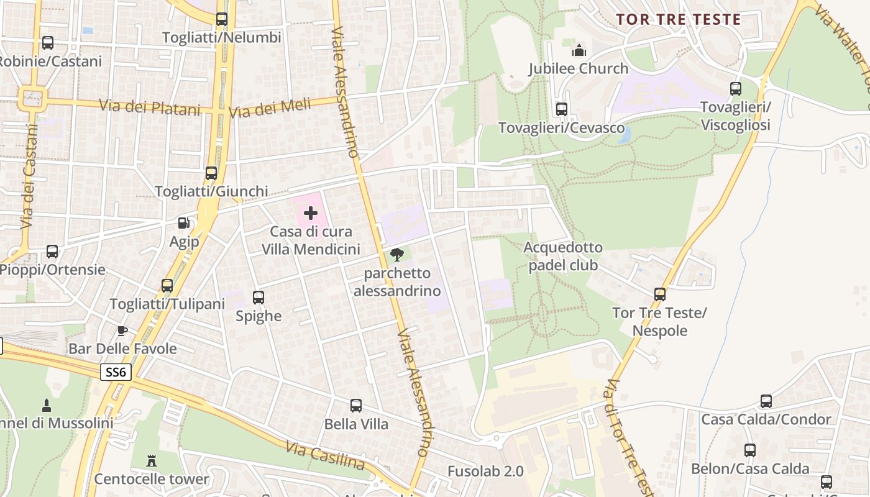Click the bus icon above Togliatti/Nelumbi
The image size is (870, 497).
222,19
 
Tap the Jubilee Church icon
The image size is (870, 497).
579,50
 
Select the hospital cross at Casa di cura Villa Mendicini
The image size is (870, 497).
311,214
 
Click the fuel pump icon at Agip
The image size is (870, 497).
184,223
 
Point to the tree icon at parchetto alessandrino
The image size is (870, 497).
397,254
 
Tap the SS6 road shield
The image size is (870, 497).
116,372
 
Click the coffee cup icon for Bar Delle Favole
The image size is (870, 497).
122,330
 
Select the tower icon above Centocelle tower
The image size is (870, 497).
152,460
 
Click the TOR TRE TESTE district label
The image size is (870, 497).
679,19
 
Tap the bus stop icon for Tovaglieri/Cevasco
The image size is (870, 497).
562,109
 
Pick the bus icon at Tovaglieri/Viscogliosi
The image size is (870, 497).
736,89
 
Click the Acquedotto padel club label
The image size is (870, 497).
563,256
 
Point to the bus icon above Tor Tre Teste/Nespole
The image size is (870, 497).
660,294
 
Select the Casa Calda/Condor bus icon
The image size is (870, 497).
766,401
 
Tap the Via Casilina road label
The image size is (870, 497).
325,456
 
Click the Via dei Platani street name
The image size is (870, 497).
150,107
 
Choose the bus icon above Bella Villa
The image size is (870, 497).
356,406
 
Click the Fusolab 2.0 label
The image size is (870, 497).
485,471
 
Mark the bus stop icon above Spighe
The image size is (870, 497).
259,298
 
